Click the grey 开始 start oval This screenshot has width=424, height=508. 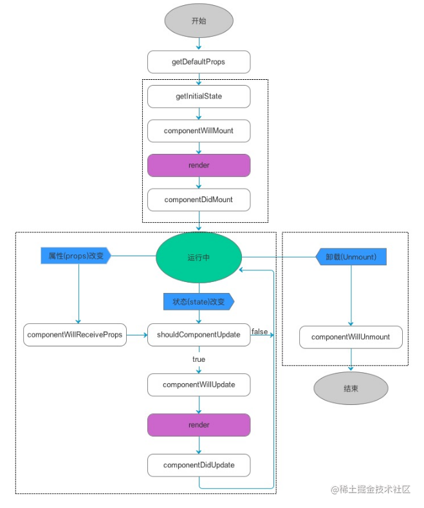point(199,21)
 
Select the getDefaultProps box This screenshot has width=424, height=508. point(199,62)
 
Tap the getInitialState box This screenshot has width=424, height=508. point(199,97)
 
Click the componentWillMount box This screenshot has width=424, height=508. point(199,131)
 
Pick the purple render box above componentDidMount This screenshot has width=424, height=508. point(199,165)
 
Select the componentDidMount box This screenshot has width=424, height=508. point(199,200)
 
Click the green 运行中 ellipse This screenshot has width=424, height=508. point(199,258)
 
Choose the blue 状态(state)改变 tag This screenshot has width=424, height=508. point(198,301)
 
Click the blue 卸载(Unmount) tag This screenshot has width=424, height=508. point(351,256)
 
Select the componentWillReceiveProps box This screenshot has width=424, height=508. point(75,335)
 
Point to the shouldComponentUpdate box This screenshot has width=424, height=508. point(199,335)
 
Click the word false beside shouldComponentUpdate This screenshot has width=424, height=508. point(260,331)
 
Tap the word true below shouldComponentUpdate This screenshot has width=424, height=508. point(199,359)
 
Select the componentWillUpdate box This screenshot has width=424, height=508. point(199,385)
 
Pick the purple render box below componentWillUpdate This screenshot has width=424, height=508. point(199,425)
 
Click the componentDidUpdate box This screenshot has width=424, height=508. point(199,465)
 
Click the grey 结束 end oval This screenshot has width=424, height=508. point(351,388)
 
